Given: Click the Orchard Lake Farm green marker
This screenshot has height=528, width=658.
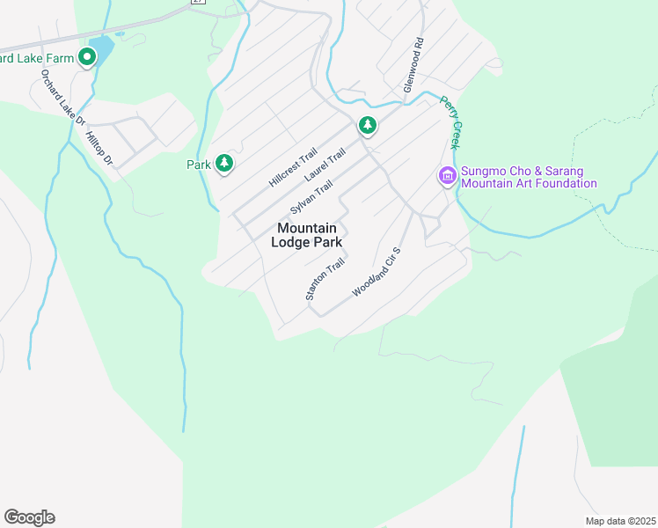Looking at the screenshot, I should click(x=87, y=58).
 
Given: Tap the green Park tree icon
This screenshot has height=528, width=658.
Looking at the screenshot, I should click(x=225, y=163).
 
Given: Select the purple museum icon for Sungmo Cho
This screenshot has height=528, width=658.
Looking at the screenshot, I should click(x=447, y=177).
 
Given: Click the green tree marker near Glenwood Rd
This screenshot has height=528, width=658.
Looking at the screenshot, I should click(x=367, y=126).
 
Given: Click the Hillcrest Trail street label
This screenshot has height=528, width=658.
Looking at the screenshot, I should click(x=292, y=167).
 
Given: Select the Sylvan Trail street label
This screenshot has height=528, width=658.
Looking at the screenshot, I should click(x=311, y=198).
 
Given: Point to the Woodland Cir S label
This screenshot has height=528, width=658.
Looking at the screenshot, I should click(x=377, y=271).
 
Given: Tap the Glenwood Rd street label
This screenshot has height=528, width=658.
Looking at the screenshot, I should click(x=413, y=65).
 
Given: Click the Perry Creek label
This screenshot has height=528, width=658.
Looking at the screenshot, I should click(x=450, y=121).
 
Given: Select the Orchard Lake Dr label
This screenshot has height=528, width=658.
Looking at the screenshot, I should click(x=62, y=97).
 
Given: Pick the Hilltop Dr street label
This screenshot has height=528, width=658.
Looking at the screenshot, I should click(x=100, y=148).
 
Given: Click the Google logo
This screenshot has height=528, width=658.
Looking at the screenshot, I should click(x=29, y=517).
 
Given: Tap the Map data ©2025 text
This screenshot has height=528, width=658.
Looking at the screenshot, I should click(x=620, y=521).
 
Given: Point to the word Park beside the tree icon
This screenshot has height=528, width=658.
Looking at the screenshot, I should click(x=199, y=164).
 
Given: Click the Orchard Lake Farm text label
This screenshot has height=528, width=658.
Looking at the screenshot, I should click(x=35, y=59).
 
